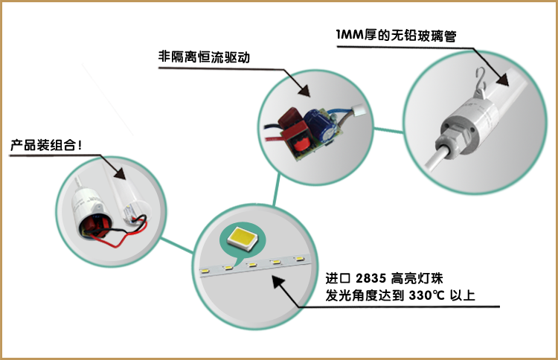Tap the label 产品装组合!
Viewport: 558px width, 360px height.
pos(46,144)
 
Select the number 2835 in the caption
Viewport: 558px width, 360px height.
pos(372,279)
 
